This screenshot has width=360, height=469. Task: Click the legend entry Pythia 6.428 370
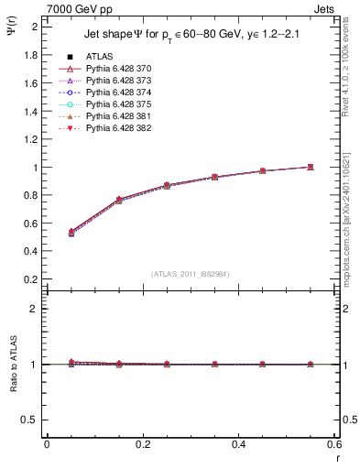point(114,69)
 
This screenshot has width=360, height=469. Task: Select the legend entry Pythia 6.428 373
point(114,81)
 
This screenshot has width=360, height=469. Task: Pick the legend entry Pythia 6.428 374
point(114,93)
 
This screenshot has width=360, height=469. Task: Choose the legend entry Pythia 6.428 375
point(114,104)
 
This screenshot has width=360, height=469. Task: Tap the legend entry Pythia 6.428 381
point(114,116)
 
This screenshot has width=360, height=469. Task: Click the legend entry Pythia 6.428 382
point(114,128)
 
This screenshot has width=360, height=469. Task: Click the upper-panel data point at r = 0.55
point(311,167)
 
